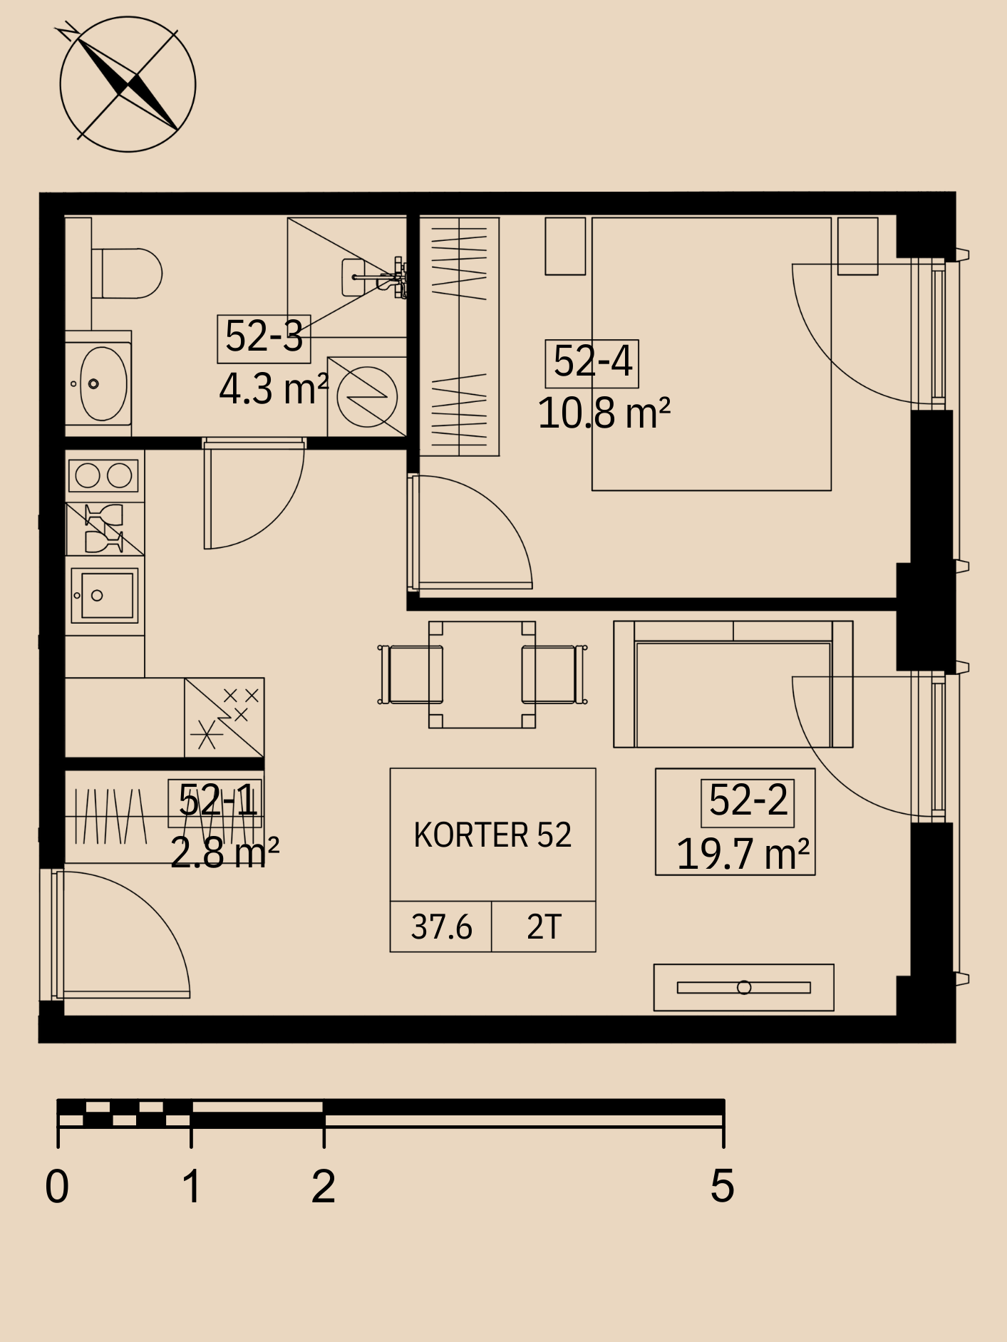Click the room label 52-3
(x=264, y=337)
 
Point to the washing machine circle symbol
(x=367, y=396)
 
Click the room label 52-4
(x=592, y=362)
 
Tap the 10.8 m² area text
(x=604, y=413)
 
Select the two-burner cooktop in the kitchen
(x=103, y=475)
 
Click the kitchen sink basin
(x=105, y=595)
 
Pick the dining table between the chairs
(x=482, y=674)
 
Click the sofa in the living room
(x=733, y=684)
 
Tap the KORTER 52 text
(x=492, y=835)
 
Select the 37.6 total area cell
(x=441, y=927)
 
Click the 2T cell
(x=544, y=927)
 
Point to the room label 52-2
(x=748, y=801)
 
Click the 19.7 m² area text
(x=743, y=854)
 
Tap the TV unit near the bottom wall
(x=744, y=988)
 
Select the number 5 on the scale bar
(x=722, y=1187)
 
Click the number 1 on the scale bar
(x=191, y=1187)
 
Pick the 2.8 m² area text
(x=224, y=852)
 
